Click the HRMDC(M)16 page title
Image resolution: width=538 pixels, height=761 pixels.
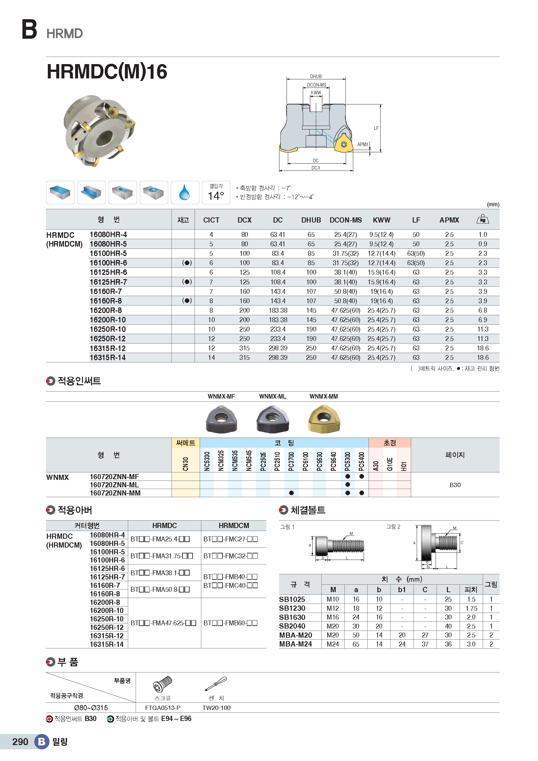pyautogui.click(x=107, y=72)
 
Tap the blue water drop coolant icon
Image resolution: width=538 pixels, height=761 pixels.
pyautogui.click(x=184, y=192)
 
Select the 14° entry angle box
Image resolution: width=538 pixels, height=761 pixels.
pyautogui.click(x=216, y=193)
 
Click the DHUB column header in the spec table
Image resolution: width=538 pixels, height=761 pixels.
pyautogui.click(x=311, y=220)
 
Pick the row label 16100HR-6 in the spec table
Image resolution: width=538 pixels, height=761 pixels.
pyautogui.click(x=108, y=263)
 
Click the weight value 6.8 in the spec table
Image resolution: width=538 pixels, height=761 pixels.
pyautogui.click(x=482, y=311)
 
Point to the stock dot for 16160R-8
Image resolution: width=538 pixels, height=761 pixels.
pyautogui.click(x=187, y=301)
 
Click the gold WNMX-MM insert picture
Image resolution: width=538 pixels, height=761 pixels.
pyautogui.click(x=324, y=420)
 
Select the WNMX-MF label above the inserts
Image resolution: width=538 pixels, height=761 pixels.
pyautogui.click(x=221, y=396)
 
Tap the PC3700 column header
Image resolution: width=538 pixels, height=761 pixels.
pyautogui.click(x=291, y=461)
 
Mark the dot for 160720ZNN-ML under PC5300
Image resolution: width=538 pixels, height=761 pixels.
pyautogui.click(x=347, y=484)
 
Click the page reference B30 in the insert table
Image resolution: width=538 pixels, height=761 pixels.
pyautogui.click(x=455, y=485)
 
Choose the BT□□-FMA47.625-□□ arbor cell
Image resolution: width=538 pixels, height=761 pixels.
pyautogui.click(x=164, y=623)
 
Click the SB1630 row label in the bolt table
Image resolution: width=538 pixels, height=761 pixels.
pyautogui.click(x=292, y=617)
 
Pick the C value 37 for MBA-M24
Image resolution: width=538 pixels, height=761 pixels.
pyautogui.click(x=425, y=644)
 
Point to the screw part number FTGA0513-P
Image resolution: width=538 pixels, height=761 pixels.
pyautogui.click(x=163, y=708)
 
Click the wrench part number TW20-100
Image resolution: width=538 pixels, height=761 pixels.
pyautogui.click(x=216, y=708)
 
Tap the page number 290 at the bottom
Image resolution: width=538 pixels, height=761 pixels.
pyautogui.click(x=20, y=741)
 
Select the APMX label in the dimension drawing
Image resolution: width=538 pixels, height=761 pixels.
pyautogui.click(x=362, y=144)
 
